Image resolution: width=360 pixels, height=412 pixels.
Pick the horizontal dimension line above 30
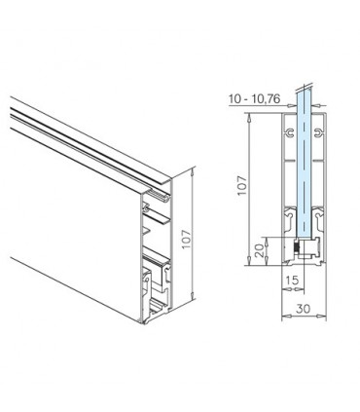coord(305,318)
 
